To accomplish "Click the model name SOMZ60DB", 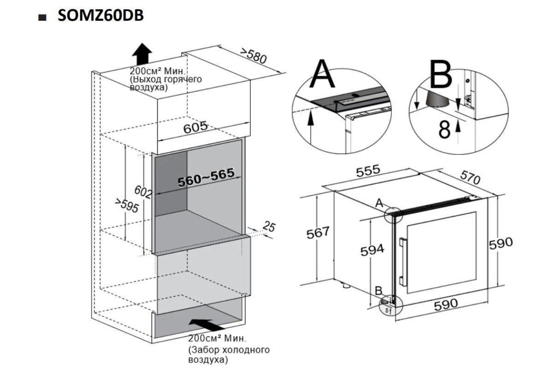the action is point(100,15).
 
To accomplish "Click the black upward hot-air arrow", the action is point(142,54).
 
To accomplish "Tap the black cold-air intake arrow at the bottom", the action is point(207,325).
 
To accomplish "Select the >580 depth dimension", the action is point(253,56).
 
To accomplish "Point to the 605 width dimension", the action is point(195,127).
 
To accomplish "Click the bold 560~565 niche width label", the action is point(206,177).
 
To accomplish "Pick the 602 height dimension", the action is point(143,192).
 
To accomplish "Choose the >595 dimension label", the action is point(127,205).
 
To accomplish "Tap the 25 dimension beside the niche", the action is point(269,226).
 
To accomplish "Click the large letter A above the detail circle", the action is point(322,74).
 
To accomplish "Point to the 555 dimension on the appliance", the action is point(368,171).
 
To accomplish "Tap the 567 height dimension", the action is point(318,232).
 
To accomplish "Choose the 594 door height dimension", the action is point(372,250).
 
